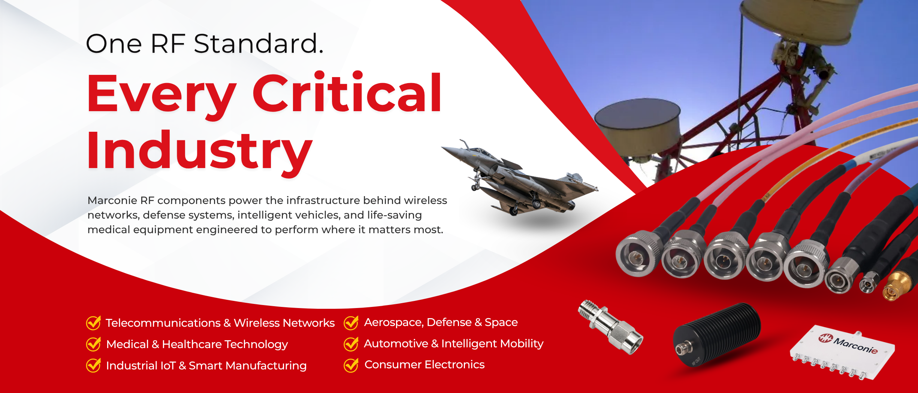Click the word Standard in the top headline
coord(259,43)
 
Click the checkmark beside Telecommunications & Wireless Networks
coord(93,323)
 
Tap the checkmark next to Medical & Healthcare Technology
coord(93,344)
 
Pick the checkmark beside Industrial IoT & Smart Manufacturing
coord(93,365)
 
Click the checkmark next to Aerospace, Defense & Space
coord(351,323)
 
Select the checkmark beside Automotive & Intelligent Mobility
coord(351,344)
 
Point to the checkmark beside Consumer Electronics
coord(351,365)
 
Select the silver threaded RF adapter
coord(610,327)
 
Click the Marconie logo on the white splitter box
coord(848,344)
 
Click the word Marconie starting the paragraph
coord(112,200)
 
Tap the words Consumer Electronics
coord(425,365)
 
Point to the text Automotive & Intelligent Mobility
coord(454,344)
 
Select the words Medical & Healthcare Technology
coord(197,344)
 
